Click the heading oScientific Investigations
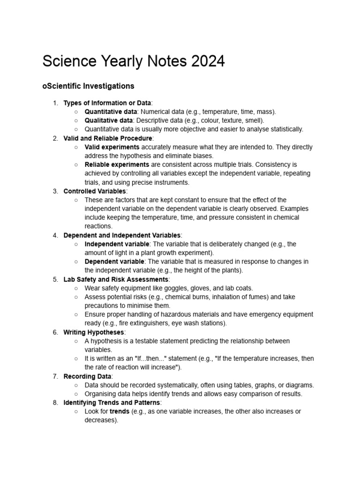click(x=88, y=86)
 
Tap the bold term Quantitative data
click(x=111, y=112)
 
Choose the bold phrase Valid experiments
click(x=112, y=147)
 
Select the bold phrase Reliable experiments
click(x=117, y=165)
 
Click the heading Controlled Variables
click(x=94, y=191)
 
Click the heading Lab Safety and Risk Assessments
click(x=116, y=279)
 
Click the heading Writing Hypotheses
click(x=94, y=332)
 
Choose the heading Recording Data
click(x=87, y=376)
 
